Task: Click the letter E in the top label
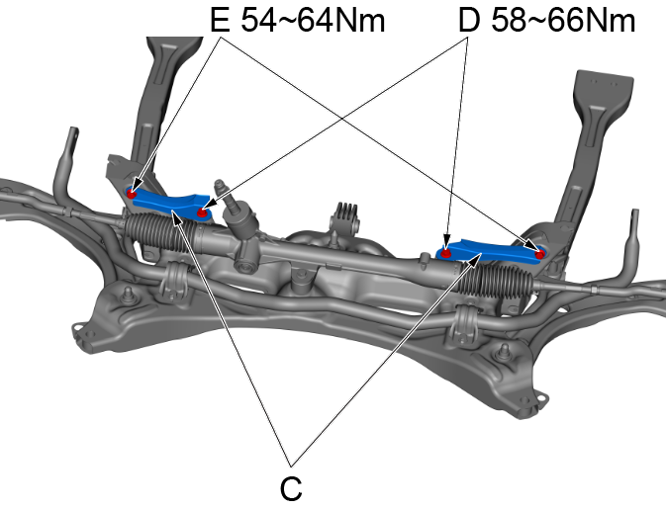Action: pos(220,21)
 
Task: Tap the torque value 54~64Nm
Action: pos(313,21)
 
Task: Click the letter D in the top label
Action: pos(469,21)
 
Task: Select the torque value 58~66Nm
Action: pos(563,21)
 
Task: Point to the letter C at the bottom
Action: pos(291,488)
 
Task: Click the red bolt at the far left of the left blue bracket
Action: pos(132,194)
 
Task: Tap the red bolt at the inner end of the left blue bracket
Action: pos(203,212)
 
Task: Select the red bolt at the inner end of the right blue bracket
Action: pos(445,254)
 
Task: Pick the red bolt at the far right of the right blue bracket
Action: pos(539,255)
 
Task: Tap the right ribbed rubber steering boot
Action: pos(496,281)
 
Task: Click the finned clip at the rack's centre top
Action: pos(345,216)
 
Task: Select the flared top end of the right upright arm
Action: pos(603,85)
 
